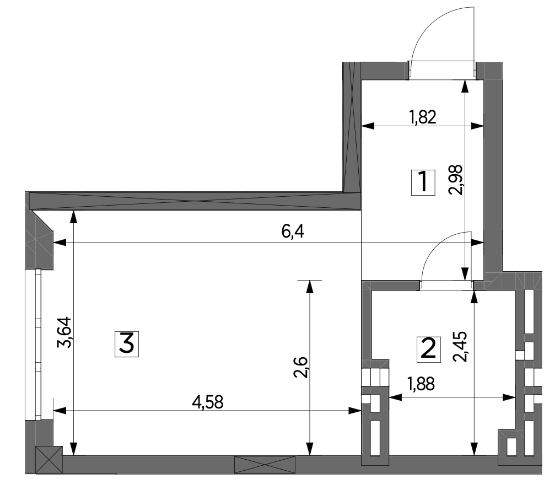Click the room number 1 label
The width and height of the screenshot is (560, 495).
(423, 182)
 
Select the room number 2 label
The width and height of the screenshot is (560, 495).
(429, 349)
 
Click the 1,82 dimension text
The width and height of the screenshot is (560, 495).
(423, 117)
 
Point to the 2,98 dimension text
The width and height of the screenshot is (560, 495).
(456, 180)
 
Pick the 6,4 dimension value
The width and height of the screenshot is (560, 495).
(293, 232)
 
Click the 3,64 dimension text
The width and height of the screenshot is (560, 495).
(65, 332)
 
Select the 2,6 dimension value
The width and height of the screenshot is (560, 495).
(300, 367)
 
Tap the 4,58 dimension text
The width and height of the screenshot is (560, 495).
(207, 402)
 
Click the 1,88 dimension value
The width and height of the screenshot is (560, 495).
(422, 384)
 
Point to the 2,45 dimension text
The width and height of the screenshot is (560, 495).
(460, 347)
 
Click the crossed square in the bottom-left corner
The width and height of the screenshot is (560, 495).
(49, 460)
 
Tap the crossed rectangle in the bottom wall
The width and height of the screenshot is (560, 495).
(265, 465)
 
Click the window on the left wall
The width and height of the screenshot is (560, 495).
(33, 345)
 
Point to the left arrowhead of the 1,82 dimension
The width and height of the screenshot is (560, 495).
(368, 126)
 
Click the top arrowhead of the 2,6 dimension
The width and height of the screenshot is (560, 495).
(310, 287)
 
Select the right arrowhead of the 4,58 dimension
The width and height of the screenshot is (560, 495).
(355, 411)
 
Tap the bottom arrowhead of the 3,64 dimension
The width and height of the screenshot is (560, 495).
(73, 449)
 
